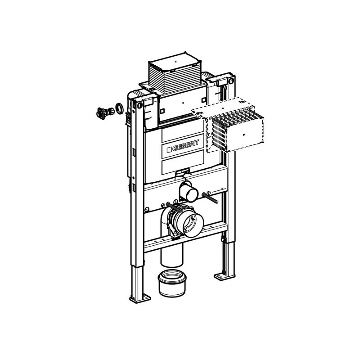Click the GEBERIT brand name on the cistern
[185, 145]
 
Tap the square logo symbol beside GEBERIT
[169, 150]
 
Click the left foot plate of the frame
[140, 298]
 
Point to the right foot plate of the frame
[224, 276]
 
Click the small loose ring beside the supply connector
[119, 108]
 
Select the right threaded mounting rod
[210, 198]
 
